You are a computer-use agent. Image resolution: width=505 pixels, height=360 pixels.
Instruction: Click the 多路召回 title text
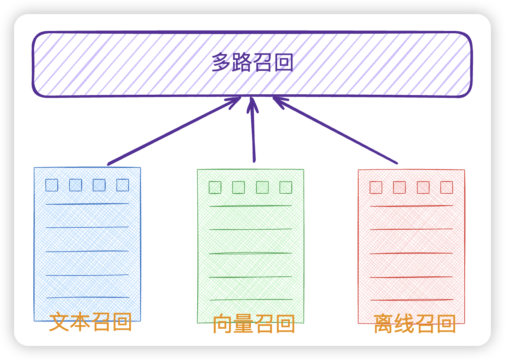pos(252,63)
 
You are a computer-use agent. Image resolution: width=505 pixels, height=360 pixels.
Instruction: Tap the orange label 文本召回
pos(90,322)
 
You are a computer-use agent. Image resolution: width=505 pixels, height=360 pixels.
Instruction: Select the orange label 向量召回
pos(254,324)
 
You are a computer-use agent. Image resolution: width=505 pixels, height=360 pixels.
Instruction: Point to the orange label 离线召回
pos(415,324)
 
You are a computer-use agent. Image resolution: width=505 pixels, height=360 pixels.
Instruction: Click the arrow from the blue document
pos(174,131)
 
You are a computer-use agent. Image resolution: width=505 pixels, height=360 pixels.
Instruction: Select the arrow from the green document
pos(253,129)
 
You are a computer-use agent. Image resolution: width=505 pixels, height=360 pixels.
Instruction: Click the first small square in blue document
pos(52,185)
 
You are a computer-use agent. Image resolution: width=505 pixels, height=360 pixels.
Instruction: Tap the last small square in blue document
pos(123,185)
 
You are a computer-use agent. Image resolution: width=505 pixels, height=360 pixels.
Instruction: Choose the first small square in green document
pos(215,187)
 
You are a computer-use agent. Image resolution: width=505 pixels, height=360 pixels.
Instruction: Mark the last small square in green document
pos(286,187)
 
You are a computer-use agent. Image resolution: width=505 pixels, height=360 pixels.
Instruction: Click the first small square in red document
pos(376,187)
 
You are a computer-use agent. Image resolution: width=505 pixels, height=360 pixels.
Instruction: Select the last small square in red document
pos(447,187)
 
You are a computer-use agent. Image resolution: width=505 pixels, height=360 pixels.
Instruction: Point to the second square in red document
pos(399,187)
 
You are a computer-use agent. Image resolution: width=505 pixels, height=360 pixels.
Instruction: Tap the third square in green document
pos(262,187)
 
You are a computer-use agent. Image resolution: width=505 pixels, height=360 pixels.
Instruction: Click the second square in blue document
pos(76,185)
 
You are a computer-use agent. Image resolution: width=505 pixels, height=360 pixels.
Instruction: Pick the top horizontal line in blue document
pos(87,204)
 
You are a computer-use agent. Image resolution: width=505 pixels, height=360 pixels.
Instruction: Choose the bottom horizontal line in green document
pos(251,300)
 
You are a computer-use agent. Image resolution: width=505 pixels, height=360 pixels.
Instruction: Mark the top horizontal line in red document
pos(411,206)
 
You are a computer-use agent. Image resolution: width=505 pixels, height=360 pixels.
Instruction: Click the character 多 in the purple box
pos(220,63)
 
